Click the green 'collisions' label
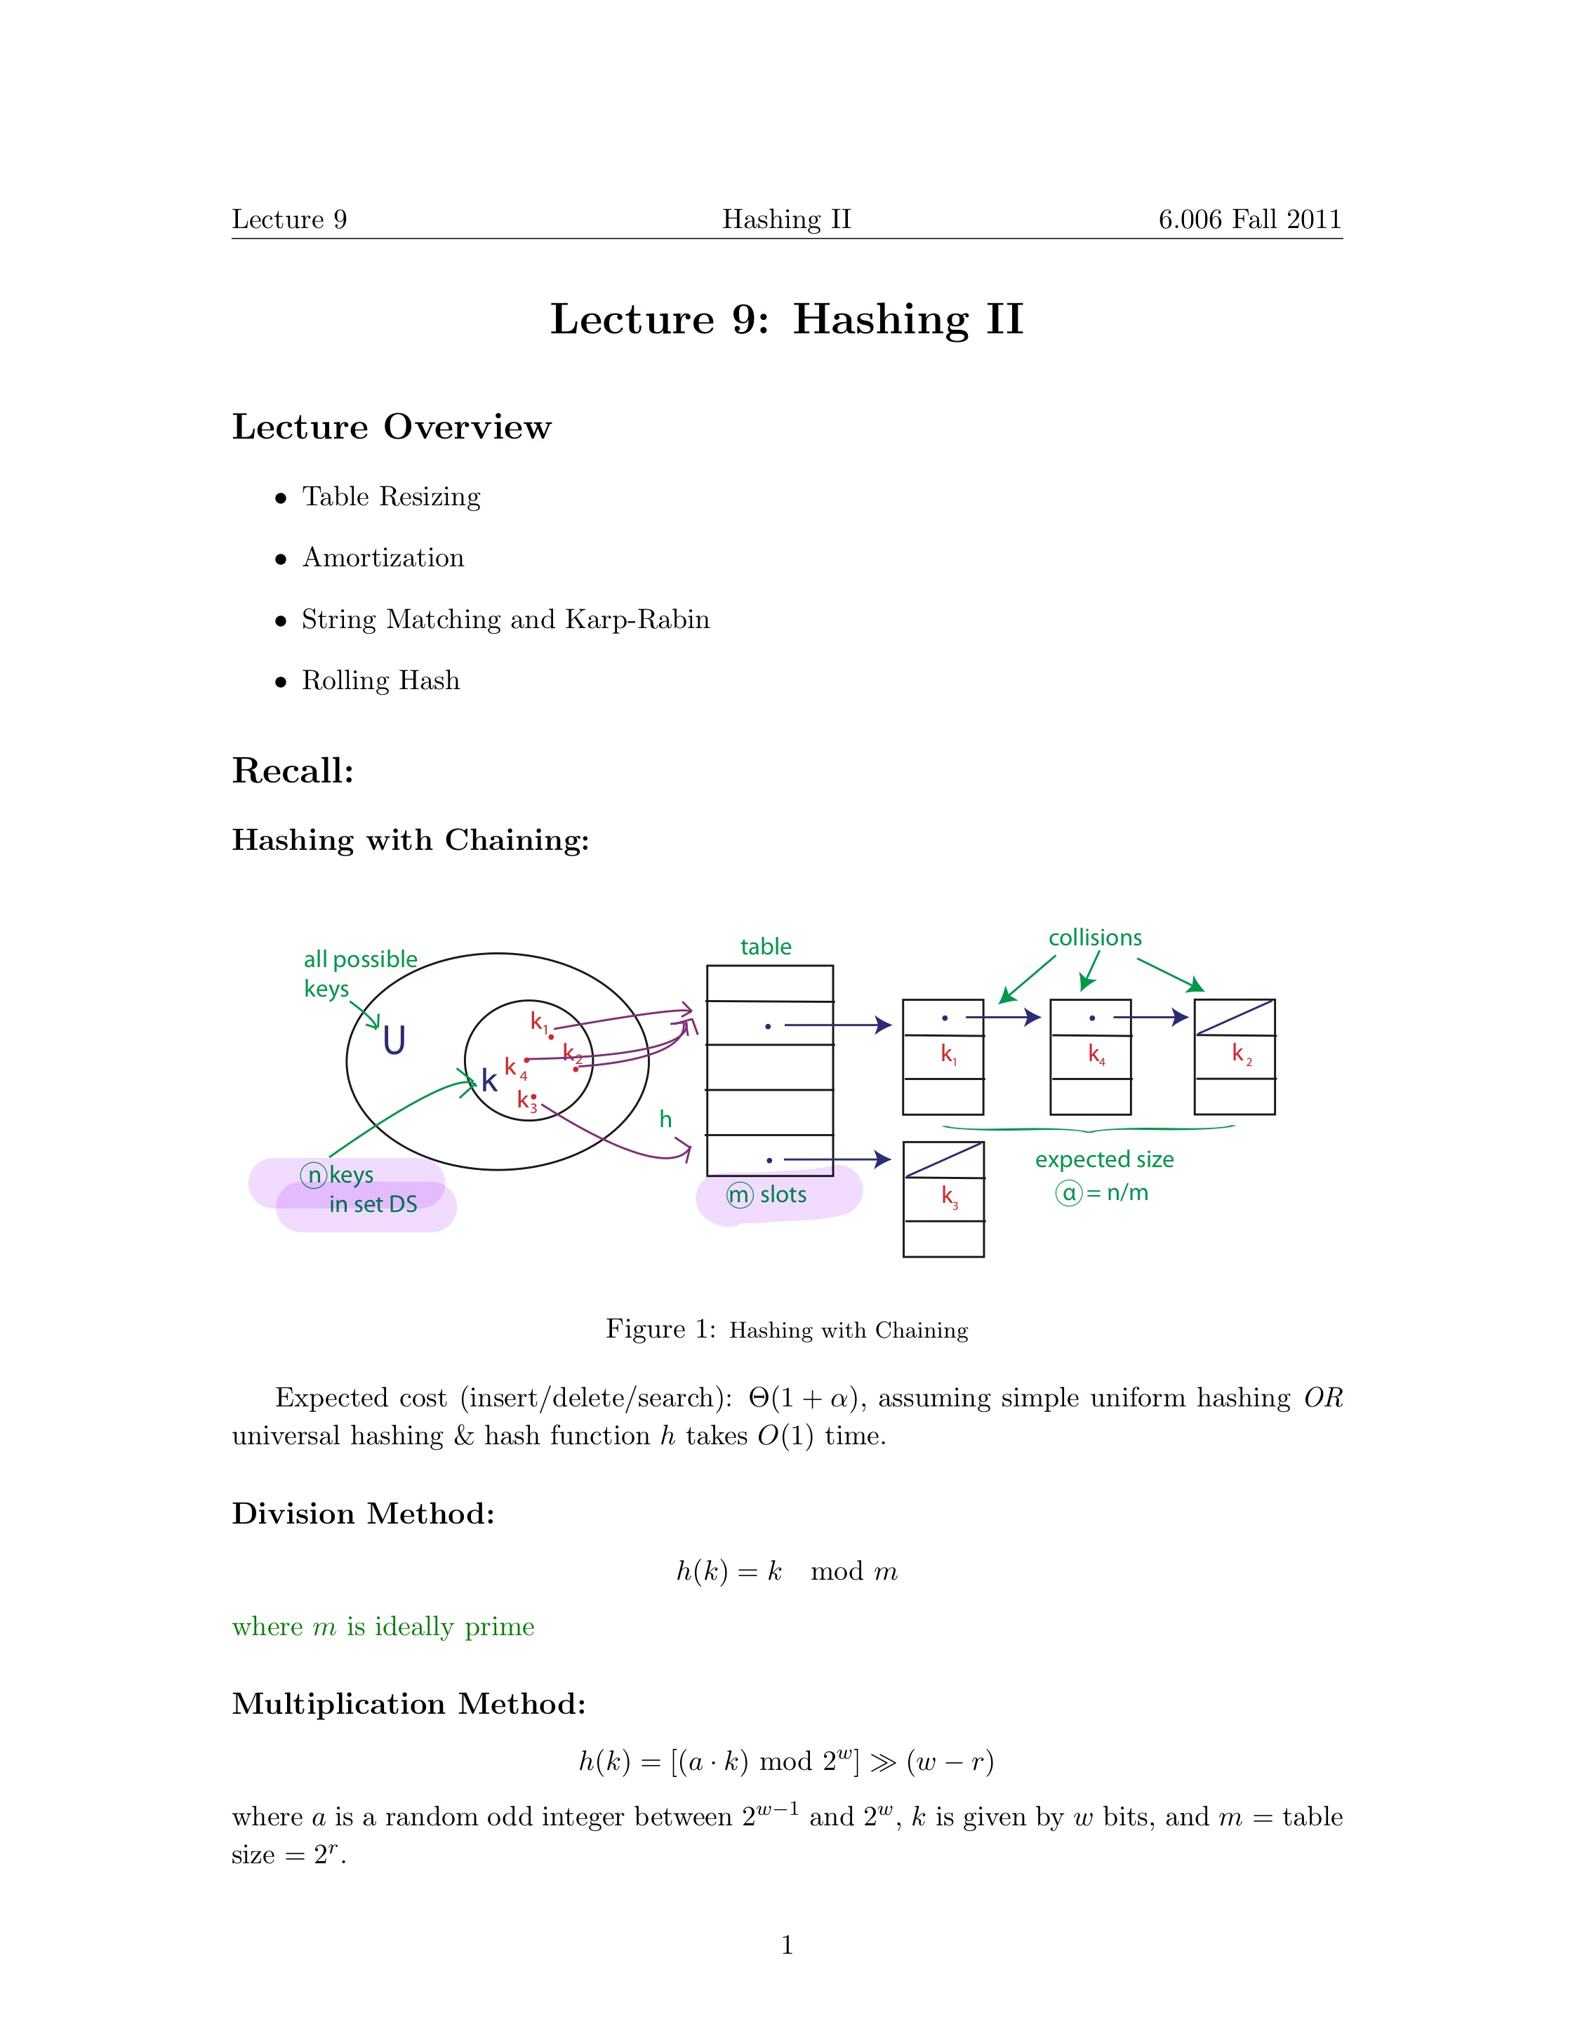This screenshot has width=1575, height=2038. click(1094, 938)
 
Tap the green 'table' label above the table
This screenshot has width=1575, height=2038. click(765, 947)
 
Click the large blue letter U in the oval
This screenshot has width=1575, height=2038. click(394, 1041)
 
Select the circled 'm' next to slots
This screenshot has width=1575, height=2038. click(739, 1194)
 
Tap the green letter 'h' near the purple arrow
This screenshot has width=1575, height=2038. click(665, 1120)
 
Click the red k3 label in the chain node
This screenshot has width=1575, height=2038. click(949, 1197)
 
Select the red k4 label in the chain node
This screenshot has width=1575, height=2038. click(1096, 1055)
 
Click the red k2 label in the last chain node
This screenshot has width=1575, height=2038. click(1241, 1055)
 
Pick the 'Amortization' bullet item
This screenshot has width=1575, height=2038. click(383, 558)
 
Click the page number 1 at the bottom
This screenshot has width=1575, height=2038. click(787, 1945)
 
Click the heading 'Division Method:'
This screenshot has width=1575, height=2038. click(363, 1512)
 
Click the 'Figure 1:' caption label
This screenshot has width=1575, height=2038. click(660, 1328)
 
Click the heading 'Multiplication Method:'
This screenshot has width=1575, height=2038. click(408, 1703)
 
